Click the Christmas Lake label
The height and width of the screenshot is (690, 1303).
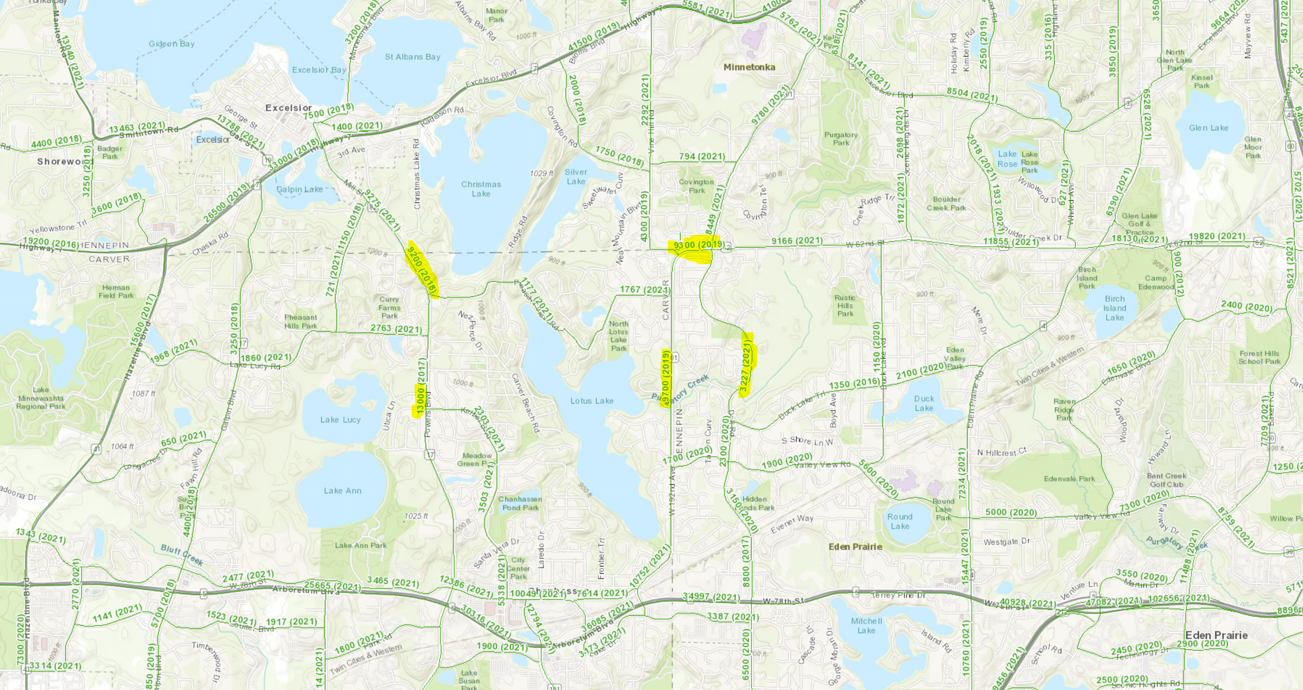pyautogui.click(x=480, y=188)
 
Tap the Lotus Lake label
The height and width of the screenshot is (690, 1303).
pyautogui.click(x=592, y=401)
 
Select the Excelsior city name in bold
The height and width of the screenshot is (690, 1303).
pyautogui.click(x=289, y=108)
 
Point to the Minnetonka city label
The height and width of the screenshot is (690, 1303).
pyautogui.click(x=749, y=67)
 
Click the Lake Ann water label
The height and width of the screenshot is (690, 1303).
pyautogui.click(x=343, y=490)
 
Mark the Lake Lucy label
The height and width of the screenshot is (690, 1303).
pyautogui.click(x=340, y=420)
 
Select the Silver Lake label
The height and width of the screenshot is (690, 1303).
pyautogui.click(x=576, y=176)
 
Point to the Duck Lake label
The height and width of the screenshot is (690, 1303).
pyautogui.click(x=924, y=403)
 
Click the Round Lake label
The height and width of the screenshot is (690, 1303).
pyautogui.click(x=899, y=521)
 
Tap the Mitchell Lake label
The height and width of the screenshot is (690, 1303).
pyautogui.click(x=866, y=625)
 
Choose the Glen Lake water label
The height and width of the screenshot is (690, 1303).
pyautogui.click(x=1208, y=128)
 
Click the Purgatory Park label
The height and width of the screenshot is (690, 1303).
pyautogui.click(x=840, y=139)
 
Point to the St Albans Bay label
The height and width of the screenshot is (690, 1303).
pyautogui.click(x=412, y=56)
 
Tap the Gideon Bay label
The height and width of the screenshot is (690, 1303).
pyautogui.click(x=172, y=44)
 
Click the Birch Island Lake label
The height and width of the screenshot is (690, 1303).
pyautogui.click(x=1115, y=308)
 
